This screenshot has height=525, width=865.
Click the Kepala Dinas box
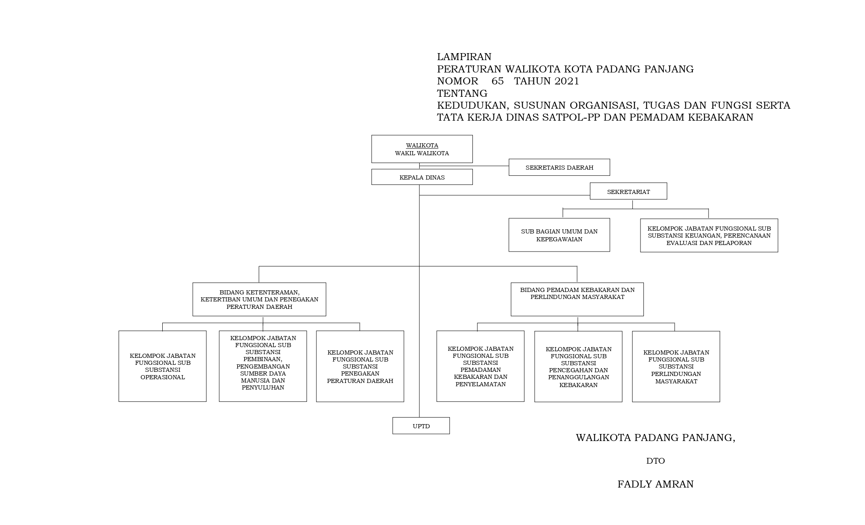(x=422, y=177)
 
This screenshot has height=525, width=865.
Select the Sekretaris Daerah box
(x=559, y=168)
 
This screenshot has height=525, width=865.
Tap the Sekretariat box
(x=628, y=191)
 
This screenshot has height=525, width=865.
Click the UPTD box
(x=421, y=426)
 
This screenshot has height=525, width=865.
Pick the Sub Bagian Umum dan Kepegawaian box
(x=559, y=235)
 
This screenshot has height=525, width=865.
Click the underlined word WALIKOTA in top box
(x=422, y=146)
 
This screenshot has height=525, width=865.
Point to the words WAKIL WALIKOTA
(x=422, y=154)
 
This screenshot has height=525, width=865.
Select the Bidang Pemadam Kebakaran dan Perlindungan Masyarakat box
(x=577, y=299)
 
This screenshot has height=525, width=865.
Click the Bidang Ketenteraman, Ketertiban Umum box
(x=259, y=299)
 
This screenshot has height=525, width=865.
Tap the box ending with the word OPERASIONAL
(x=162, y=366)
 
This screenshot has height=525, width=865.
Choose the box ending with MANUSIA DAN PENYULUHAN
(x=263, y=366)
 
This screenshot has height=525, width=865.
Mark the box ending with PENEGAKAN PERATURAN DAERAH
(x=360, y=366)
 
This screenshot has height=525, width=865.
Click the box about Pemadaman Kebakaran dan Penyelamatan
(x=480, y=366)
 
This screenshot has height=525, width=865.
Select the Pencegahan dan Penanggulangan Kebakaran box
(x=578, y=366)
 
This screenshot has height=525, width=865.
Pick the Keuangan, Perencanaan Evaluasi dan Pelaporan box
(x=709, y=236)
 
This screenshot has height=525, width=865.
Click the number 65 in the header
(x=498, y=81)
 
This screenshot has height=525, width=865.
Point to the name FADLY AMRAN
(x=655, y=484)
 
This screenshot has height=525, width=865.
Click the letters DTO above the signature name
(x=655, y=461)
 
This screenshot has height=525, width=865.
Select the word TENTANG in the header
(x=462, y=93)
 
